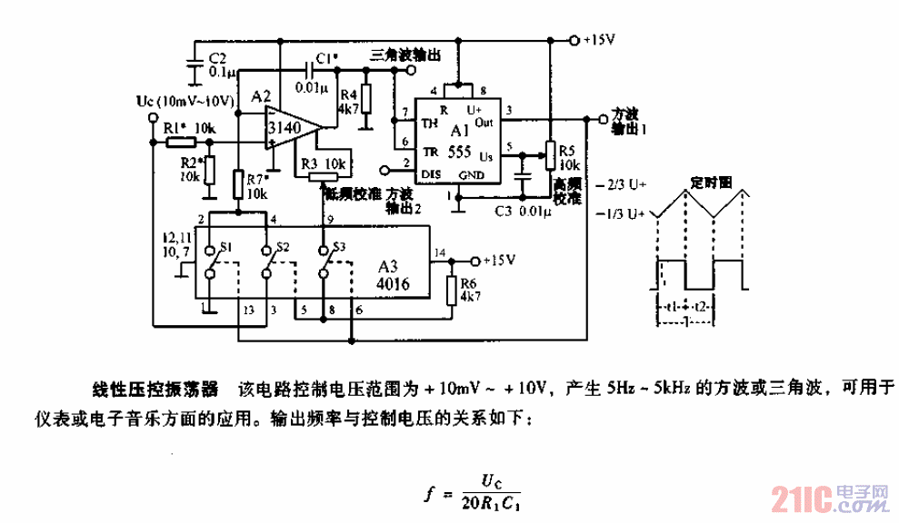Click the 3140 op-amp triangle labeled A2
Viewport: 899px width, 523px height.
(290, 130)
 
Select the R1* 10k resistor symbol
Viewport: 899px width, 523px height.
(181, 142)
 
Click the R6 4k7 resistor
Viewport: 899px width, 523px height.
(452, 289)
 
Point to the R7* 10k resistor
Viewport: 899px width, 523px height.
(238, 184)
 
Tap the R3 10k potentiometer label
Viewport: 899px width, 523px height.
(324, 163)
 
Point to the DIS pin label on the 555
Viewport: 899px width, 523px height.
(431, 173)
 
